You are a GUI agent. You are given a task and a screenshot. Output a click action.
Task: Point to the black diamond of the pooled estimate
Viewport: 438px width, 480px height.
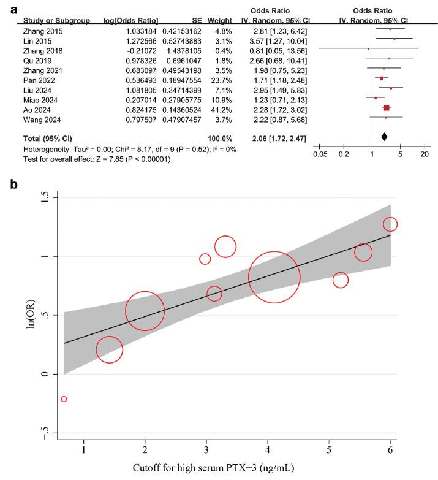coord(384,137)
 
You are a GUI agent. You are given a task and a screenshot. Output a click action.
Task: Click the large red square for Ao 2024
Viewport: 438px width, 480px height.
coord(387,109)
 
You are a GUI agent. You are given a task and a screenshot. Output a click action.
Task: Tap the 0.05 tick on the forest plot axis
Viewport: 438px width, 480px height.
coord(319,154)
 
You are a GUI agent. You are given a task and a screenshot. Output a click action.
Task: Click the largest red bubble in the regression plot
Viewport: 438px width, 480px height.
coord(274,276)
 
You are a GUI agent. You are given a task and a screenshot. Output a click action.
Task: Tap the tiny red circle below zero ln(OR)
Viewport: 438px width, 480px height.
coord(64,399)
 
